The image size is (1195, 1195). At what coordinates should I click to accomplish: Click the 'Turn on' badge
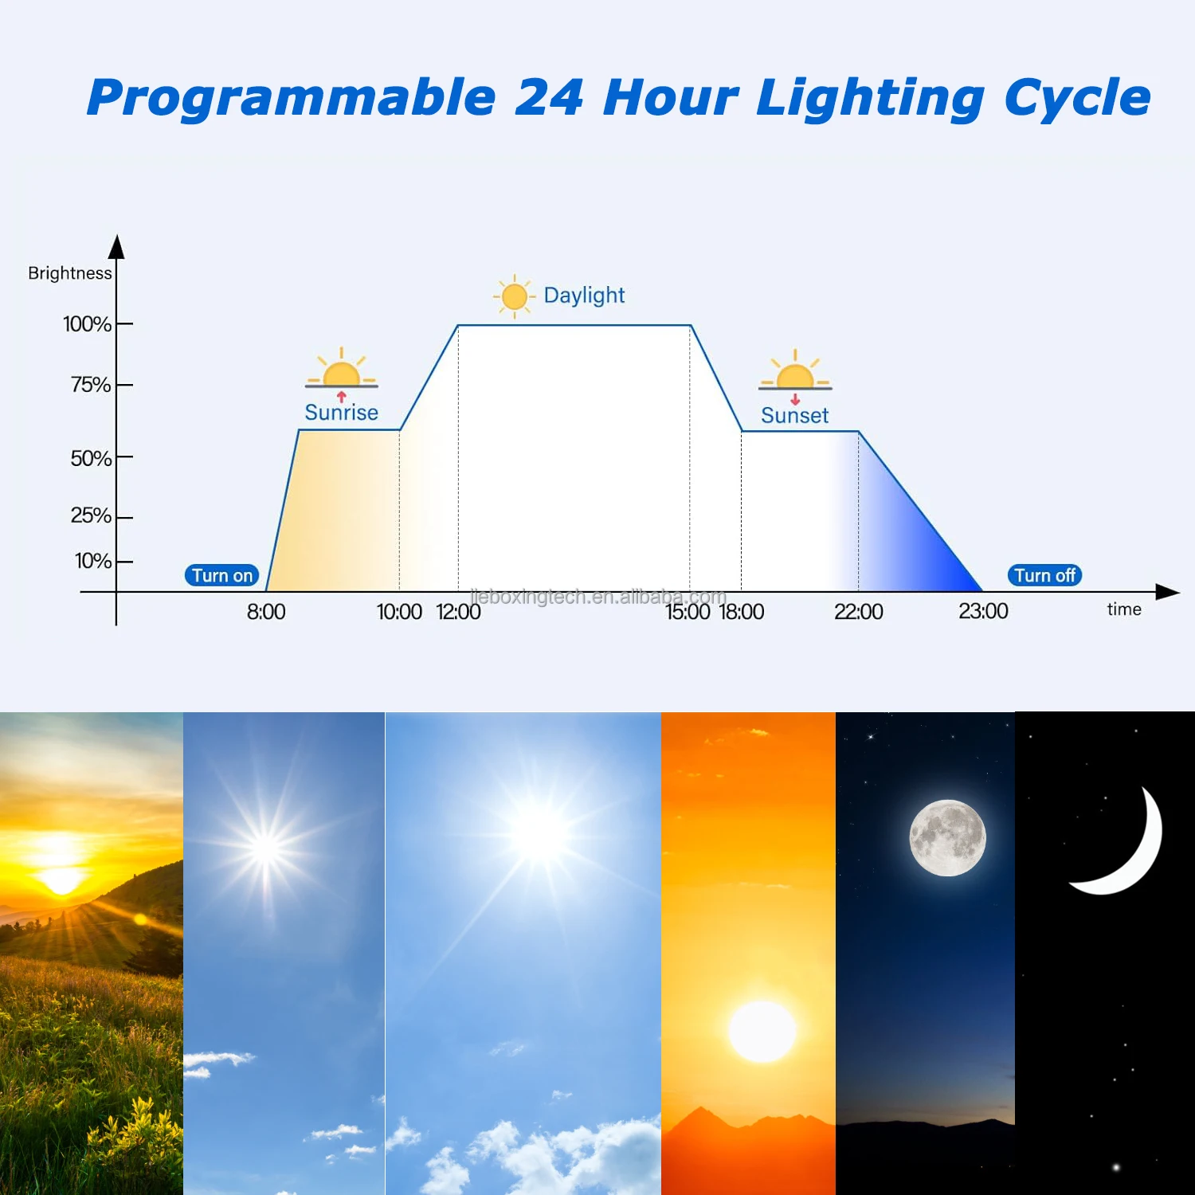[x=221, y=575]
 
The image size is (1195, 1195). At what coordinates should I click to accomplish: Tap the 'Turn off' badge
[x=1044, y=575]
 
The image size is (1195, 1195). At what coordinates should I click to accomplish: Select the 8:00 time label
[x=265, y=612]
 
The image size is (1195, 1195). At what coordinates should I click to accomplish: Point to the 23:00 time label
[x=983, y=611]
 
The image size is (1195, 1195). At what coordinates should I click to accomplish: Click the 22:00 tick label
[x=858, y=612]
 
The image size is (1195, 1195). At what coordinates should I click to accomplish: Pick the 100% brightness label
[x=87, y=324]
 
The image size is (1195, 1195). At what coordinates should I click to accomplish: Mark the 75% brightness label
[x=90, y=385]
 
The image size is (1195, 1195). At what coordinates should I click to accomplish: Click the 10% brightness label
[x=92, y=561]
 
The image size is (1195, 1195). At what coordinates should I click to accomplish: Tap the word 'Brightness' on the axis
[x=70, y=273]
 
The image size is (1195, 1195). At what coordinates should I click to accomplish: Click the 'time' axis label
[x=1124, y=609]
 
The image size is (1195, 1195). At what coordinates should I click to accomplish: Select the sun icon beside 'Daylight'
[x=514, y=296]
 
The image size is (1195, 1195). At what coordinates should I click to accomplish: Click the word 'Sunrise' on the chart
[x=341, y=413]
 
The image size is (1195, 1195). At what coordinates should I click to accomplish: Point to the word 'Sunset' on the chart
[x=794, y=416]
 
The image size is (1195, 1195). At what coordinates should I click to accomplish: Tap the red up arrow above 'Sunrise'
[x=341, y=396]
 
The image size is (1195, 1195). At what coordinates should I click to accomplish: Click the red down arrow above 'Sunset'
[x=794, y=399]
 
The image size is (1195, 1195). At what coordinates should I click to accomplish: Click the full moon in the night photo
[x=947, y=838]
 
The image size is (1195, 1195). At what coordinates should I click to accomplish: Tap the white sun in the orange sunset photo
[x=762, y=1031]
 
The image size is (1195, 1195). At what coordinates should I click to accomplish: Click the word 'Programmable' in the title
[x=292, y=98]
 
